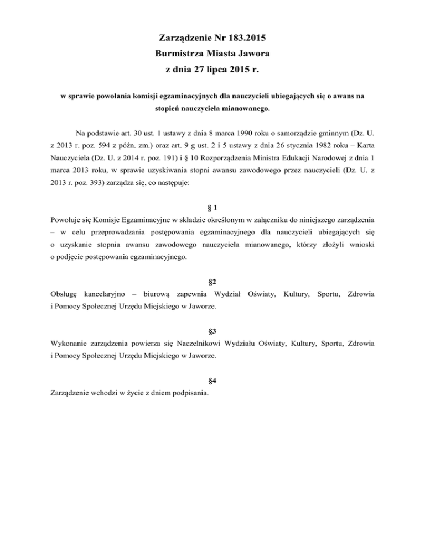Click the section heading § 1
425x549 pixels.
pos(212,208)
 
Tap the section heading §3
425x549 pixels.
pos(212,331)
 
